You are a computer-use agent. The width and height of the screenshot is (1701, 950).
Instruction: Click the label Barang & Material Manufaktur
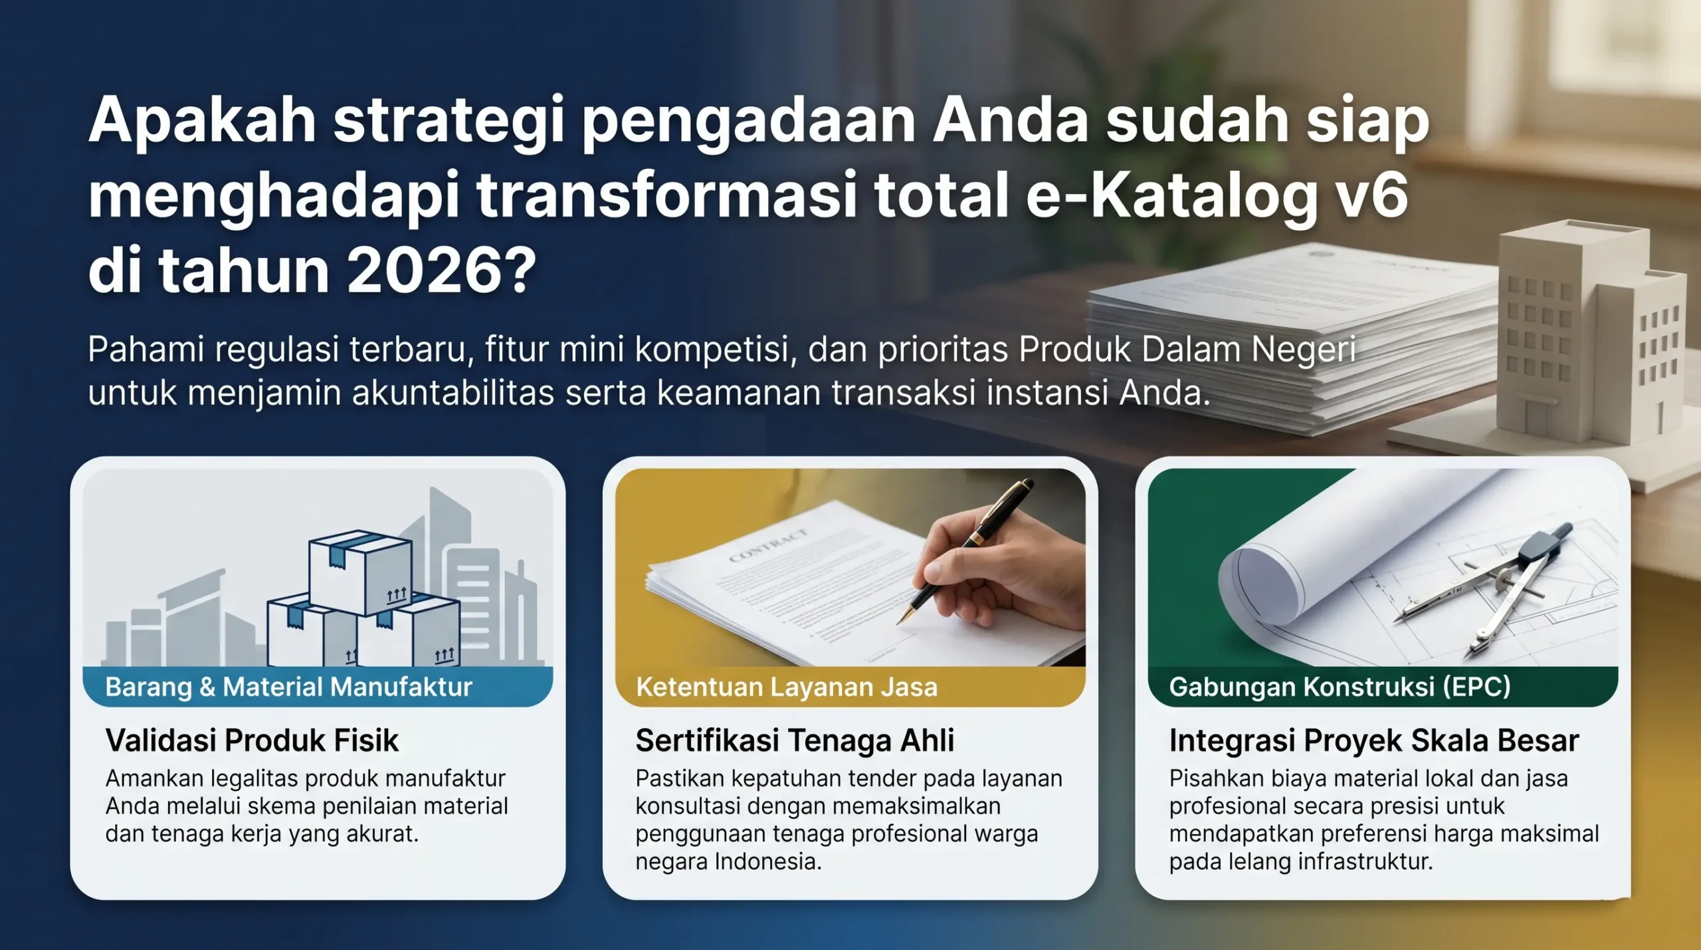(288, 687)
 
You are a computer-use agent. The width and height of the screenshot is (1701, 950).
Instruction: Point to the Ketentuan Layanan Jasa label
(787, 687)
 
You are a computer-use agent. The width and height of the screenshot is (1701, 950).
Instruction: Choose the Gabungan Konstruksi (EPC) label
(1340, 687)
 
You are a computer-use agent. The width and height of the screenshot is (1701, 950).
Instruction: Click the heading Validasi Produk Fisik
(252, 741)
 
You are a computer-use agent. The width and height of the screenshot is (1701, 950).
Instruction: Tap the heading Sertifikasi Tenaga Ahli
(795, 741)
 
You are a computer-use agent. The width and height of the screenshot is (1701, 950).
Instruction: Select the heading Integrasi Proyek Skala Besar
(1374, 741)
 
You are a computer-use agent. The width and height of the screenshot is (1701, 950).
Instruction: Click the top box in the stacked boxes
(359, 572)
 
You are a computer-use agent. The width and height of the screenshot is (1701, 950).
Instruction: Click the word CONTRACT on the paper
(768, 545)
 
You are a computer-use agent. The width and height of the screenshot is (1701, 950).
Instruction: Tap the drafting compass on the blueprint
(1502, 585)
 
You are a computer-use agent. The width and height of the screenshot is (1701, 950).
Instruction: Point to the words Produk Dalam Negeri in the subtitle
(1187, 350)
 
